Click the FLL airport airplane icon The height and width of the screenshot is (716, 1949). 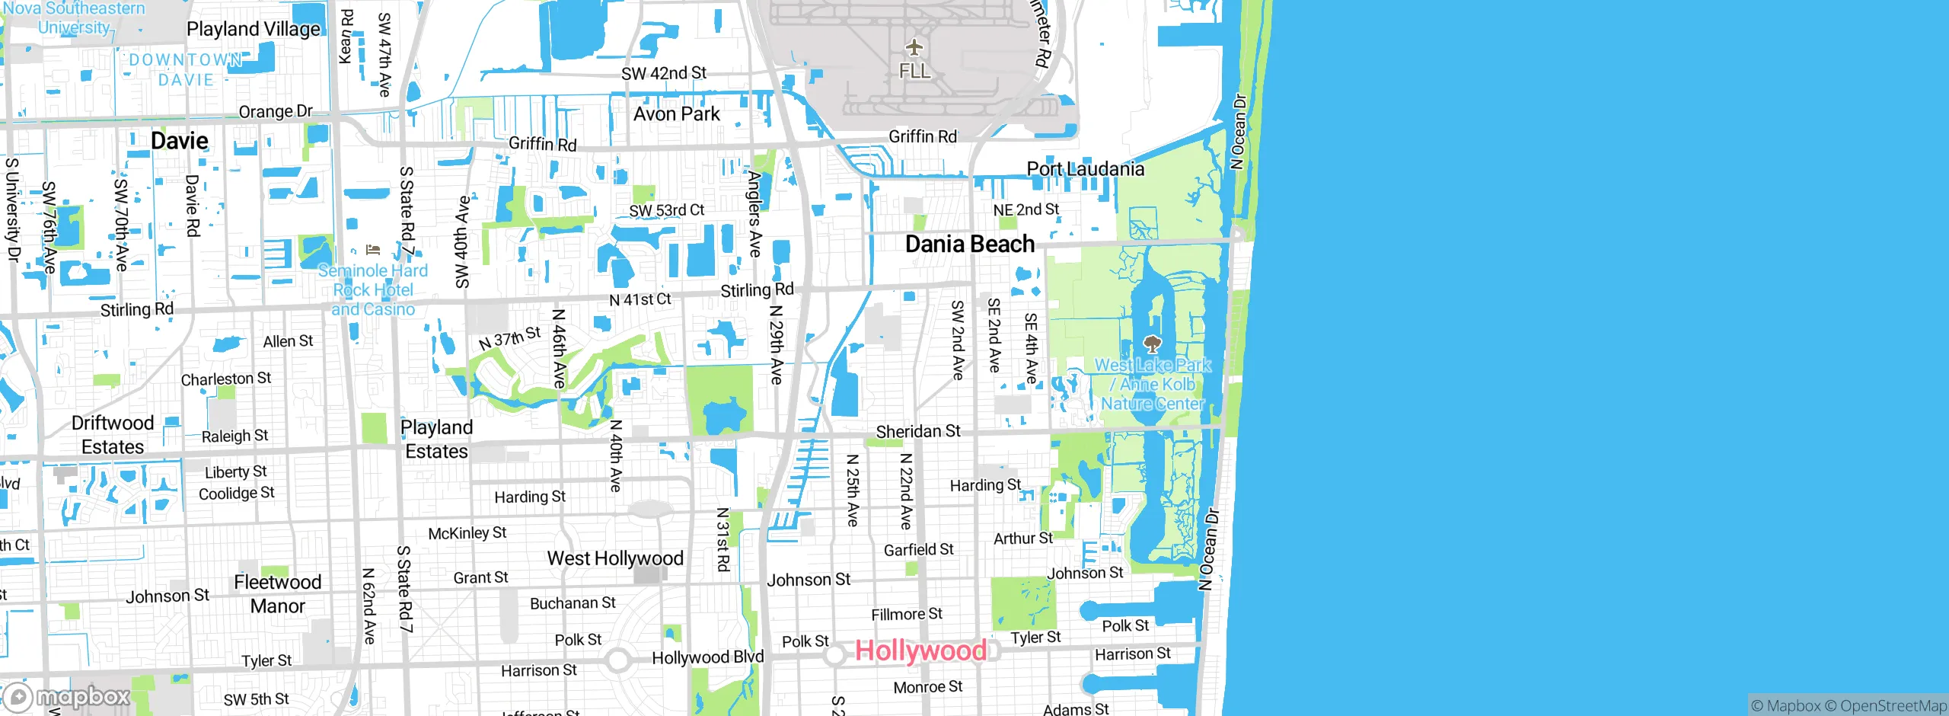pos(914,48)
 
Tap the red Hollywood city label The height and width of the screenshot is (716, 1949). pos(920,650)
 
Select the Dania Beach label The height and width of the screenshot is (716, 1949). pos(969,244)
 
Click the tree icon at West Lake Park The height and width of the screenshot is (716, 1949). pos(1153,344)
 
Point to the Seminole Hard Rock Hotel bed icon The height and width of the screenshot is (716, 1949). pos(372,250)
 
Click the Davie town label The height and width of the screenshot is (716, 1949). pos(180,141)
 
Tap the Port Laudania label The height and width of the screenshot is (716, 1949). pos(1085,169)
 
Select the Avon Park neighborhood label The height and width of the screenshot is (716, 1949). pos(676,114)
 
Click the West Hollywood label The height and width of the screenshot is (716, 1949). pos(615,558)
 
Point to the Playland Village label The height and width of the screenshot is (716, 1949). pos(254,29)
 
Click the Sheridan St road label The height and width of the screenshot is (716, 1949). pos(918,432)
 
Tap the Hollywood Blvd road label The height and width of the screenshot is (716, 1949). pos(707,657)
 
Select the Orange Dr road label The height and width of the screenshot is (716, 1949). pos(276,112)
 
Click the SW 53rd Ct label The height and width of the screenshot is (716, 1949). pos(666,210)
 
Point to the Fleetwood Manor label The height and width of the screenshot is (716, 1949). pos(277,594)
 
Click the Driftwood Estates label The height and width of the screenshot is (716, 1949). pos(113,435)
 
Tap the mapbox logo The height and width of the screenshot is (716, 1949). pos(66,697)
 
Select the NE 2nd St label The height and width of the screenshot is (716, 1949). pos(1026,209)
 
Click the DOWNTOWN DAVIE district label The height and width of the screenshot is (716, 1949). pos(186,69)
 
